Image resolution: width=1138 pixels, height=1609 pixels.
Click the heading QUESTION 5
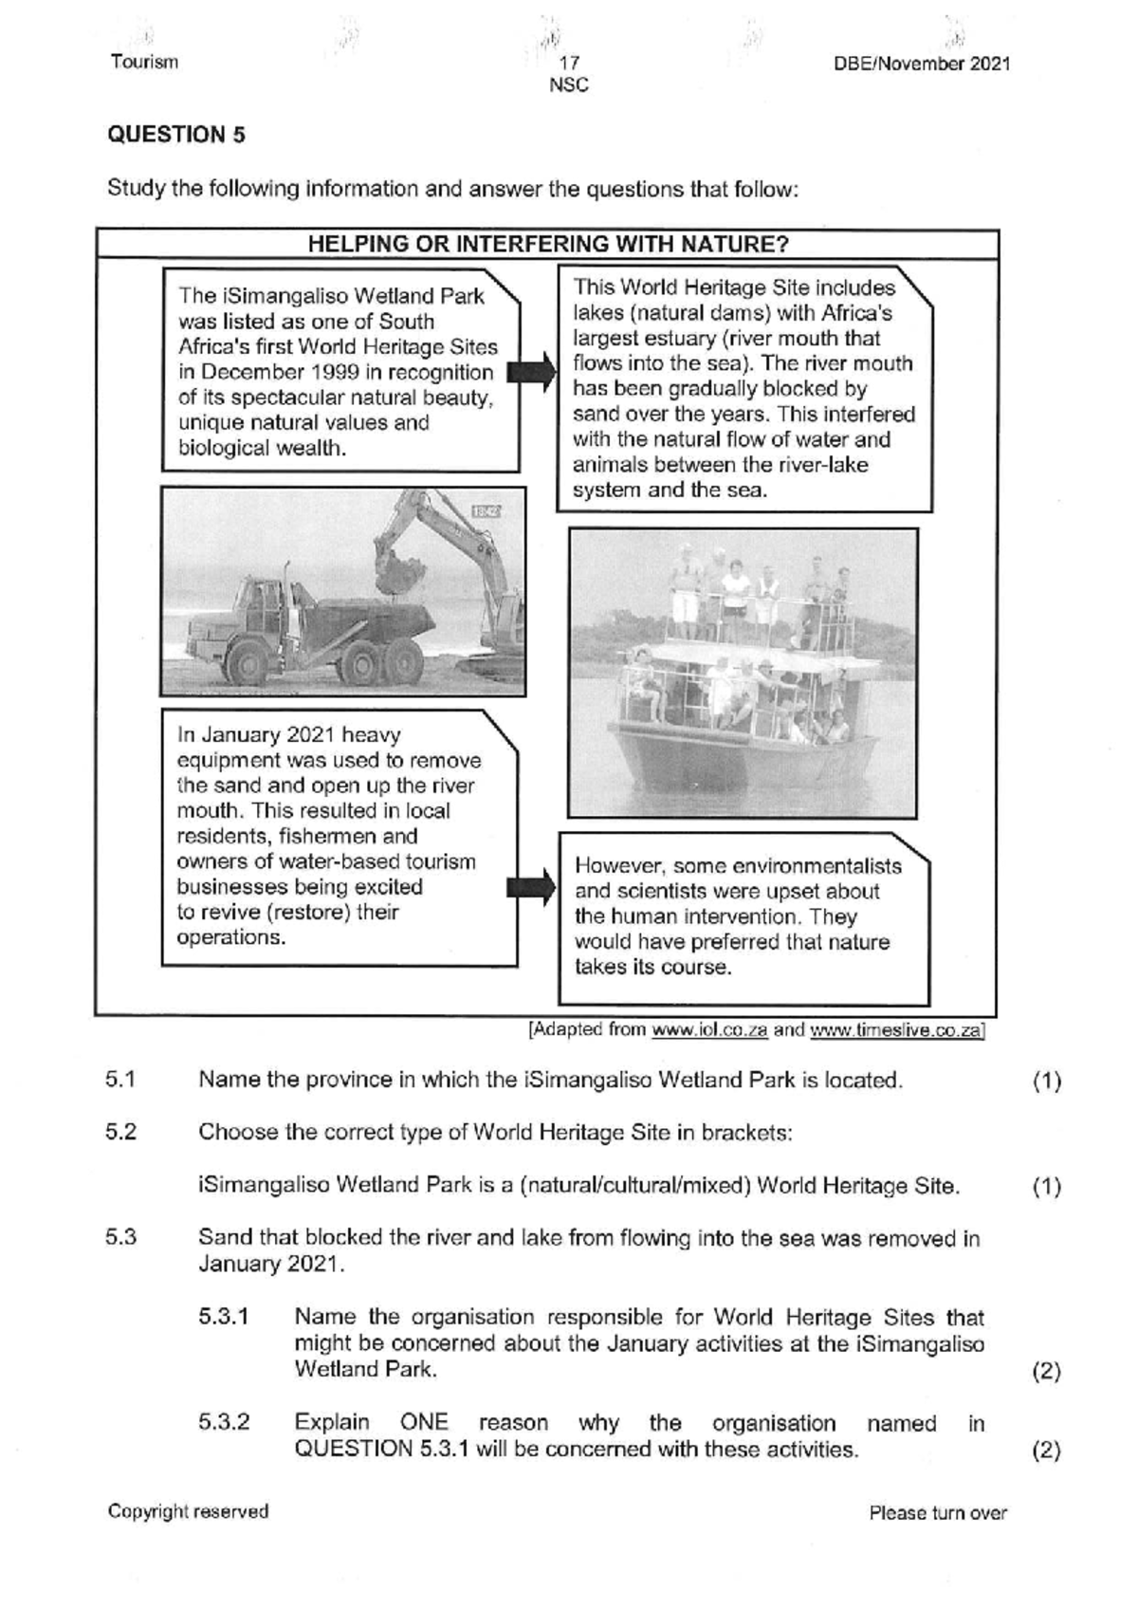[176, 135]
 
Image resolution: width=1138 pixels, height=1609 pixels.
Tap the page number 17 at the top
[569, 64]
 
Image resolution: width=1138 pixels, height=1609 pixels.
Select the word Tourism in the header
[144, 63]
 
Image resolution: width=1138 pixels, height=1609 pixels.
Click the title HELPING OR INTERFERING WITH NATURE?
[548, 244]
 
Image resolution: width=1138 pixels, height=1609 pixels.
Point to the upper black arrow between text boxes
[532, 371]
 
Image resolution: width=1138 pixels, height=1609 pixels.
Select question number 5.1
[121, 1080]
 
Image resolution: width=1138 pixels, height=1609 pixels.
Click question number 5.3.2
[224, 1423]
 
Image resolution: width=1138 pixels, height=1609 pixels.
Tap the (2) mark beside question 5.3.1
[1046, 1371]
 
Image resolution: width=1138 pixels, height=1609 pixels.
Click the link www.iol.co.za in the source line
[709, 1030]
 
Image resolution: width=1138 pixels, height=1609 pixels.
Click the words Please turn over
[937, 1513]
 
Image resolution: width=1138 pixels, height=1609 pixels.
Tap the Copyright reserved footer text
[188, 1511]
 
